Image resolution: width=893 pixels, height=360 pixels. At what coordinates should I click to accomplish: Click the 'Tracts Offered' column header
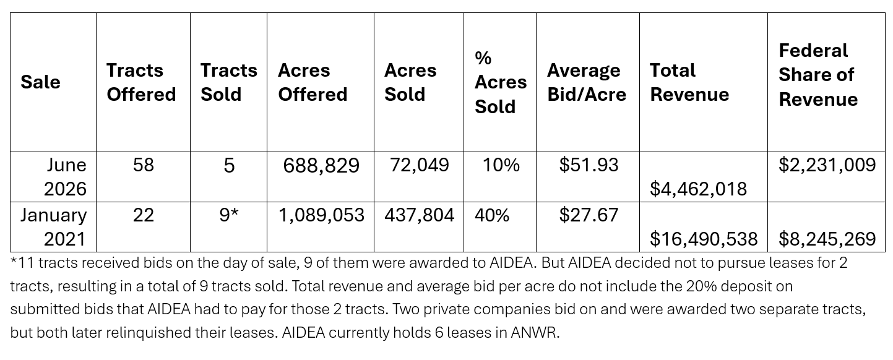point(141,82)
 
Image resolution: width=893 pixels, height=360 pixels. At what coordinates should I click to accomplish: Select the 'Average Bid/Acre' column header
point(587,82)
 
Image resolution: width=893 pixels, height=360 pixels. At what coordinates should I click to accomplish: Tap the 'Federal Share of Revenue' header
point(818,75)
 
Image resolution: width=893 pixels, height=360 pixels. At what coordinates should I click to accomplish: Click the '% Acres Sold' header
point(501,82)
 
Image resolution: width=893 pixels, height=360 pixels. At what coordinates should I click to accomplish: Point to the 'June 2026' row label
point(65,177)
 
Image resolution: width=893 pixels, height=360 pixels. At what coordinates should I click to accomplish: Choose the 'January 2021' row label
point(53,227)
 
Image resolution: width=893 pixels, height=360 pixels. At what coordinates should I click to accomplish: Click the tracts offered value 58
point(143,165)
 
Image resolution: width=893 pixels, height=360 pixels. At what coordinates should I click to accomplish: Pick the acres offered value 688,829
point(321,166)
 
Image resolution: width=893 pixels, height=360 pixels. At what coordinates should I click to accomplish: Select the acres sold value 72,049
point(419,165)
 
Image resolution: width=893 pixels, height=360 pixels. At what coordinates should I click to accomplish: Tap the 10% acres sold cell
point(501,165)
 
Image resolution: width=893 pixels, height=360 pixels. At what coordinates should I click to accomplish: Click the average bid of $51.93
point(589,165)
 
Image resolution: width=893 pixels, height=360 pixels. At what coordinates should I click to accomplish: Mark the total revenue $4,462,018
point(698,189)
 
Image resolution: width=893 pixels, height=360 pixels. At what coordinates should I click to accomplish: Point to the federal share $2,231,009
point(827,165)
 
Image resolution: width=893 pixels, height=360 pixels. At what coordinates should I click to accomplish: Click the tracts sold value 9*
point(229,215)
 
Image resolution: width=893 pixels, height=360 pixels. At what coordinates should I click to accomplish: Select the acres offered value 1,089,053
point(321,216)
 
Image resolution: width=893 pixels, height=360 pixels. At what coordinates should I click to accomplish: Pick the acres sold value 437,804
point(419,216)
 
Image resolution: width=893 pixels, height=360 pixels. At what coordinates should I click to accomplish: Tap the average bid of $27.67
point(589,215)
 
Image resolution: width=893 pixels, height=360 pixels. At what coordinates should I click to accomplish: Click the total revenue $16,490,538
point(704,239)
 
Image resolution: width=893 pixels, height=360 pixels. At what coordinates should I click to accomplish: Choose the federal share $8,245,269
point(827,239)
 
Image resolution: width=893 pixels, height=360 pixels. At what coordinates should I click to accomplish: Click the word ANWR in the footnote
point(533,333)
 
